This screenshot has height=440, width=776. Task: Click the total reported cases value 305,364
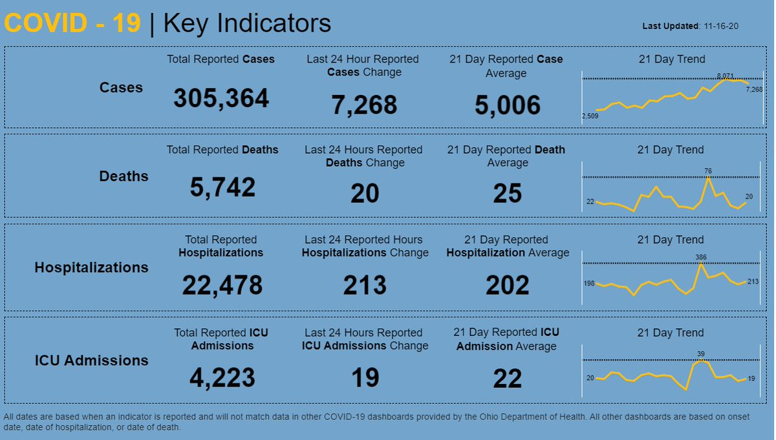click(x=221, y=99)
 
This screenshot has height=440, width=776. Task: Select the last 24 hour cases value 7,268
click(x=365, y=105)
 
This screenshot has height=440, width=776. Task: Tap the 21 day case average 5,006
click(x=508, y=105)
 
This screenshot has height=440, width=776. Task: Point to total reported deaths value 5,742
click(x=222, y=188)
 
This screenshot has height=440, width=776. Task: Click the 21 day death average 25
click(x=508, y=193)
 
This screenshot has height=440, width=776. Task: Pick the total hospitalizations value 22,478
click(x=222, y=285)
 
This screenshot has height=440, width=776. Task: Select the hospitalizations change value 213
click(x=365, y=285)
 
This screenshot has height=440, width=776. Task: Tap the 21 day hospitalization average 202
click(x=508, y=285)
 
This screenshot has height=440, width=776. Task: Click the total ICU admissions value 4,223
click(x=222, y=378)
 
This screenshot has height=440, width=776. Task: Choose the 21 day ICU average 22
click(x=508, y=379)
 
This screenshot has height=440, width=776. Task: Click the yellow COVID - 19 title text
click(x=72, y=23)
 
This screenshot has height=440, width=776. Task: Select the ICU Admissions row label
click(x=91, y=361)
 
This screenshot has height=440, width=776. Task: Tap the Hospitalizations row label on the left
click(x=91, y=267)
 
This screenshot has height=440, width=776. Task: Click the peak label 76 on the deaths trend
click(x=708, y=171)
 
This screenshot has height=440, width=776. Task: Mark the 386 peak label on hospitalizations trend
click(x=701, y=257)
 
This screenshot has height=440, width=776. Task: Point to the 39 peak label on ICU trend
click(x=701, y=353)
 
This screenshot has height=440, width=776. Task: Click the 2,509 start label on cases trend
click(x=590, y=116)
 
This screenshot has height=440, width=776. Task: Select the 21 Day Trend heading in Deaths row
click(x=671, y=150)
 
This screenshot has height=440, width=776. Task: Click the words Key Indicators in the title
click(x=248, y=23)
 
